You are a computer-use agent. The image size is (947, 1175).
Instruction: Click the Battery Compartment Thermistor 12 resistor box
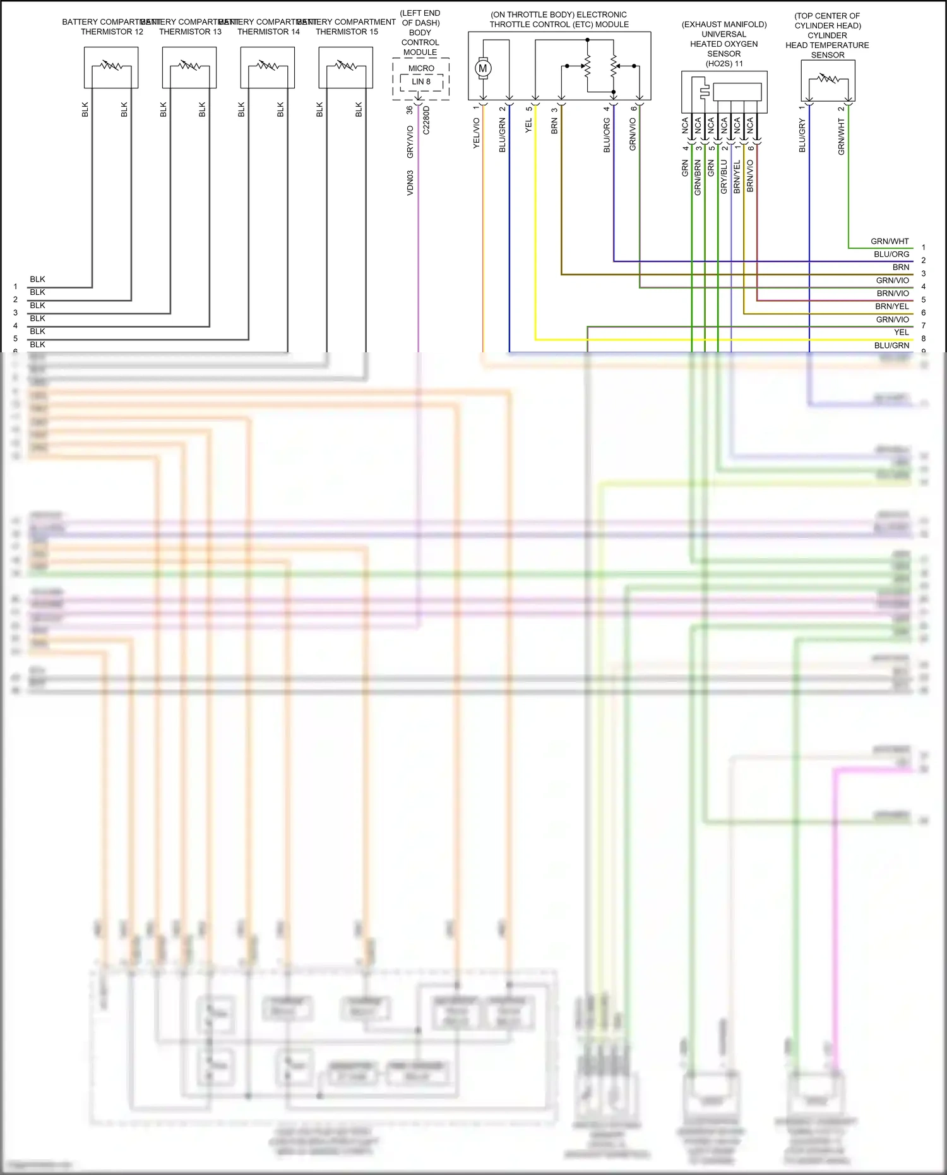111,68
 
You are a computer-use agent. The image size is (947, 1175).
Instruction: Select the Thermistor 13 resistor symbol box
189,68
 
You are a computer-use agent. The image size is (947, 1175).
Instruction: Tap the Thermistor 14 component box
268,68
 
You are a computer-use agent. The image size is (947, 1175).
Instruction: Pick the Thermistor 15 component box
346,68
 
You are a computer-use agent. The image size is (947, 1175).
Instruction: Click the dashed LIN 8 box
421,82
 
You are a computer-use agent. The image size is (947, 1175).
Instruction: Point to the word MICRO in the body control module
421,68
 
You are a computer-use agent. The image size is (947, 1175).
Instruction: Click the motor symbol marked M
483,69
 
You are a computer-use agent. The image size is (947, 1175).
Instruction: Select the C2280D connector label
426,120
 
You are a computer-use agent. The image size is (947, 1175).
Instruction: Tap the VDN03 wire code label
410,182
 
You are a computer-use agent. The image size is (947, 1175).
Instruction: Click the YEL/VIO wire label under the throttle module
477,133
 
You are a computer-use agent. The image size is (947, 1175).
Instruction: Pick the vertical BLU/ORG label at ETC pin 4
607,135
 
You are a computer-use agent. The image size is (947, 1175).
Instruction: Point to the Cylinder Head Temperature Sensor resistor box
828,81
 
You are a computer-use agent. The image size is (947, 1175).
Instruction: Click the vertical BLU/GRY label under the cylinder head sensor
802,136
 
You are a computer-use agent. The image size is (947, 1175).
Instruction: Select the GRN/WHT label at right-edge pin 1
890,241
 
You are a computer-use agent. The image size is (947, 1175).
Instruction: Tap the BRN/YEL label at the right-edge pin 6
892,306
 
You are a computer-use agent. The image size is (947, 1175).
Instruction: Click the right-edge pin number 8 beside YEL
924,338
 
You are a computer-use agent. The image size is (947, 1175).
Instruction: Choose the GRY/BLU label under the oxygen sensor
724,177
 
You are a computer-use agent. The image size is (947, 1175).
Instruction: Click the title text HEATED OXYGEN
724,44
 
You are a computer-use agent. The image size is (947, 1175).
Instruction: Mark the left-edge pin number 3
16,313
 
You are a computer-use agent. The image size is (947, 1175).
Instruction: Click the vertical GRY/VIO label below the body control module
410,142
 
